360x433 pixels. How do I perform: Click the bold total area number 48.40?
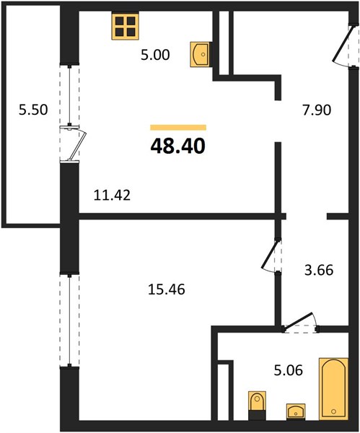(177, 146)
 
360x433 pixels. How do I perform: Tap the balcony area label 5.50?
(33, 110)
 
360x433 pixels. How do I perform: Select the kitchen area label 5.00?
(155, 55)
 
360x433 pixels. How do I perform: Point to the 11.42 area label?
(112, 196)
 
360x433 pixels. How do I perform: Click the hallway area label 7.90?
(317, 110)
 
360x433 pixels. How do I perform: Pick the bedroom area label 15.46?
(167, 289)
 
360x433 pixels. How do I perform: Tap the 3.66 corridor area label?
(319, 270)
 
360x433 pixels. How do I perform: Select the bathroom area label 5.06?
(289, 370)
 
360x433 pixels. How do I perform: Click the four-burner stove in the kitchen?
(125, 26)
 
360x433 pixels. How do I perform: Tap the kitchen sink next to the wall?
(200, 54)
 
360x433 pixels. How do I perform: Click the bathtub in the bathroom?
(333, 389)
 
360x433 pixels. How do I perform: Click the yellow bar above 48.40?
(178, 127)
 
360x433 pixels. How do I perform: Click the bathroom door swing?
(300, 323)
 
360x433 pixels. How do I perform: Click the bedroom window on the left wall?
(69, 320)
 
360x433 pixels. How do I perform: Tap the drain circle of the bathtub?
(333, 411)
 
